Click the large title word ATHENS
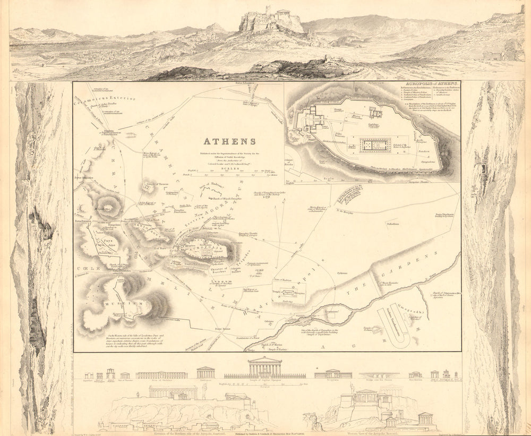[x=230, y=141]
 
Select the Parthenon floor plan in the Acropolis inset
[x=375, y=144]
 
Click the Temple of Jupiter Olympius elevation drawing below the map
[x=265, y=367]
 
